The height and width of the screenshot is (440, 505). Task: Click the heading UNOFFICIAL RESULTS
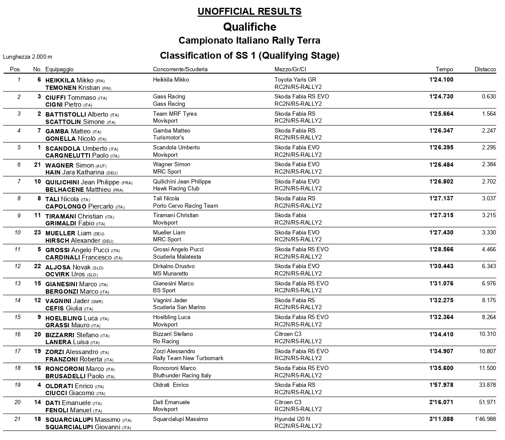coord(249,11)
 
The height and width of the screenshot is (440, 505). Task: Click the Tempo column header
coord(444,69)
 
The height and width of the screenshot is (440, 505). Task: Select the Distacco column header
coord(485,69)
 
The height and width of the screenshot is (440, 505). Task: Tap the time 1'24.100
coord(441,79)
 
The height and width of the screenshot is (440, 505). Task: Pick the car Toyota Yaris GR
coord(295,79)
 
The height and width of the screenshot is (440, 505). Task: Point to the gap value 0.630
coord(489,96)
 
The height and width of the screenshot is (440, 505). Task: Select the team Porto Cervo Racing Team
coord(185,206)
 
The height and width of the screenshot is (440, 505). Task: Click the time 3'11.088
coord(441,419)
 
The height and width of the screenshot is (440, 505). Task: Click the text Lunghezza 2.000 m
coord(28,57)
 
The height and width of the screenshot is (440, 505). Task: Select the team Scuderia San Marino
coord(179,307)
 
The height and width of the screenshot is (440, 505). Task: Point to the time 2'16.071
coord(441,402)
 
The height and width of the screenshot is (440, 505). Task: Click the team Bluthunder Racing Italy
coord(182,375)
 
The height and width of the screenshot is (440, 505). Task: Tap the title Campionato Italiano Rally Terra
coord(249,41)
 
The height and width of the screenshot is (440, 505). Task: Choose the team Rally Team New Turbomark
coord(188,358)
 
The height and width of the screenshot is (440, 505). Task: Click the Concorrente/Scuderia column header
coord(180,69)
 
